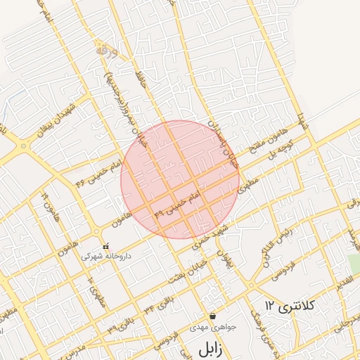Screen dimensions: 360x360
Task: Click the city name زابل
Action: click(x=210, y=349)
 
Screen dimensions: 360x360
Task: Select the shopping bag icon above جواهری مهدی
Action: click(x=212, y=316)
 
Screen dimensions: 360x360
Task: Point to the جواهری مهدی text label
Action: click(x=212, y=328)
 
